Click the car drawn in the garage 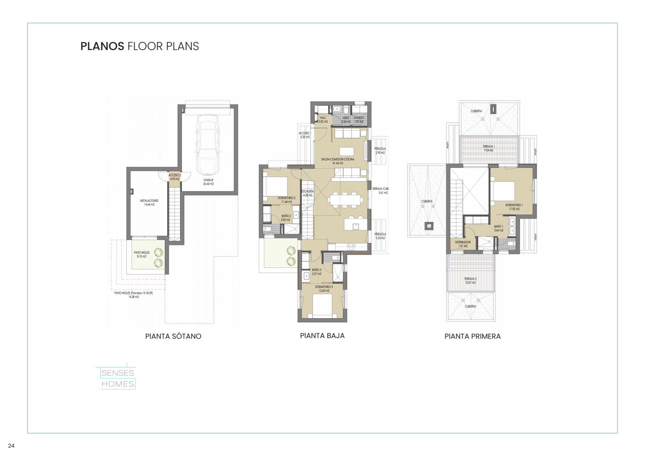208,145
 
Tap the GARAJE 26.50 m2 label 208,182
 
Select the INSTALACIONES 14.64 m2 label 149,202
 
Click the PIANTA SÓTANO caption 173,336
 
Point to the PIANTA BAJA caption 322,335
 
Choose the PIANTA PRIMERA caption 472,336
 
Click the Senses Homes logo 118,378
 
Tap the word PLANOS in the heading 102,46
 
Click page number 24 11,446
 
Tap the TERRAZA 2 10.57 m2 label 470,281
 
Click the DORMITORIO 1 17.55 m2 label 514,207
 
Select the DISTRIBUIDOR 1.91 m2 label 463,244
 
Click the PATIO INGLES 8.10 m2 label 141,255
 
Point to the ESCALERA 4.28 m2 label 308,193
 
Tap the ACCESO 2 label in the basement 175,177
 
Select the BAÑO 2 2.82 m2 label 286,218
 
